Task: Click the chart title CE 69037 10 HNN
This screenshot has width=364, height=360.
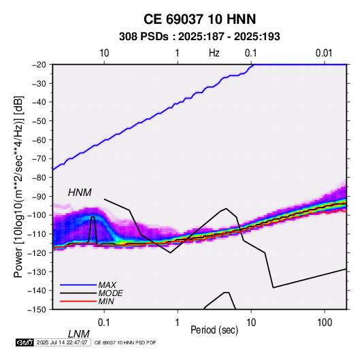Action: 199,19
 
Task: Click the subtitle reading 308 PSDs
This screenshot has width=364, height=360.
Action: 144,37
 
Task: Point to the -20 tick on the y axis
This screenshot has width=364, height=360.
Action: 39,65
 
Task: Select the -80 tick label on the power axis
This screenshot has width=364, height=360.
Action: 39,178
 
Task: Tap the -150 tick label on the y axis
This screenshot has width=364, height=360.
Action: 37,310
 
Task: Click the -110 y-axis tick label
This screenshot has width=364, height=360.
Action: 37,234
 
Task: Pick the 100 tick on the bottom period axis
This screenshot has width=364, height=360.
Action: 324,323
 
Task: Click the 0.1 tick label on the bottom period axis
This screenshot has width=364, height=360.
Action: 104,323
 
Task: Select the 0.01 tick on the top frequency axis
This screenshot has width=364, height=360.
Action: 324,53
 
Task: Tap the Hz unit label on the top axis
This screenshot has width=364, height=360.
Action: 214,53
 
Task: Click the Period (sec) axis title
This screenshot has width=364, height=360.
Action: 214,330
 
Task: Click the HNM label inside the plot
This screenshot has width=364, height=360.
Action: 80,193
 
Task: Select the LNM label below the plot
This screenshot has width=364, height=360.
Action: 78,334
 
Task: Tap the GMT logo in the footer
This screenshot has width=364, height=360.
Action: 24,342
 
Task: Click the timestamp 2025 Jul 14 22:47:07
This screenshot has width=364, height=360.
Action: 62,342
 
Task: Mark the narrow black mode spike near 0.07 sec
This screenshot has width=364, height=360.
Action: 93,230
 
